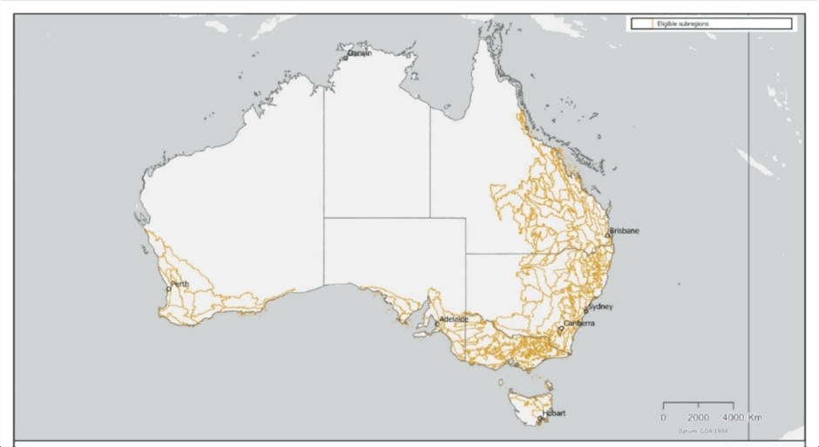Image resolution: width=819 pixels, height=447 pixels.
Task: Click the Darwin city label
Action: point(360,53)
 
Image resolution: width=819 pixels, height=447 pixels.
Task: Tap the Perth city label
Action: point(180,284)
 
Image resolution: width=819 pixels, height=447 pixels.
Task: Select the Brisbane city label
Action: point(625,230)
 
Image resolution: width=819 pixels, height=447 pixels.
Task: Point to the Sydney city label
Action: point(601,307)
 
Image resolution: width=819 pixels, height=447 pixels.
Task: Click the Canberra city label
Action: point(579,324)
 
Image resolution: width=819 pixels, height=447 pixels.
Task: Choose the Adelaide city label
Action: point(455,319)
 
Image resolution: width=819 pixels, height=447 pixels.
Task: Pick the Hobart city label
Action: point(554,413)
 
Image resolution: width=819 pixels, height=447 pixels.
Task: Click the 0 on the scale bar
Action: point(664,417)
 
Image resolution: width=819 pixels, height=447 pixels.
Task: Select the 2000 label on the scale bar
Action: point(698,417)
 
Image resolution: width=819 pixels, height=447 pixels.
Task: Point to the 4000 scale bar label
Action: point(733,417)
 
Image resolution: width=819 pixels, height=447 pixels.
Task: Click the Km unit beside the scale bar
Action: point(755,417)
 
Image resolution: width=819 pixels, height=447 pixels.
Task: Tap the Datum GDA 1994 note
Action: point(701,430)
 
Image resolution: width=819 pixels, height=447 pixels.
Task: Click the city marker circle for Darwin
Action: point(345,58)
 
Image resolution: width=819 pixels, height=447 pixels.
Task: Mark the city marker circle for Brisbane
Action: point(607,235)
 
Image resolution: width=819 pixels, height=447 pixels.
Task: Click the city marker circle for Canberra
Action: point(561,328)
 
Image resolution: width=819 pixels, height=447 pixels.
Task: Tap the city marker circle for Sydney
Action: point(586,311)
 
